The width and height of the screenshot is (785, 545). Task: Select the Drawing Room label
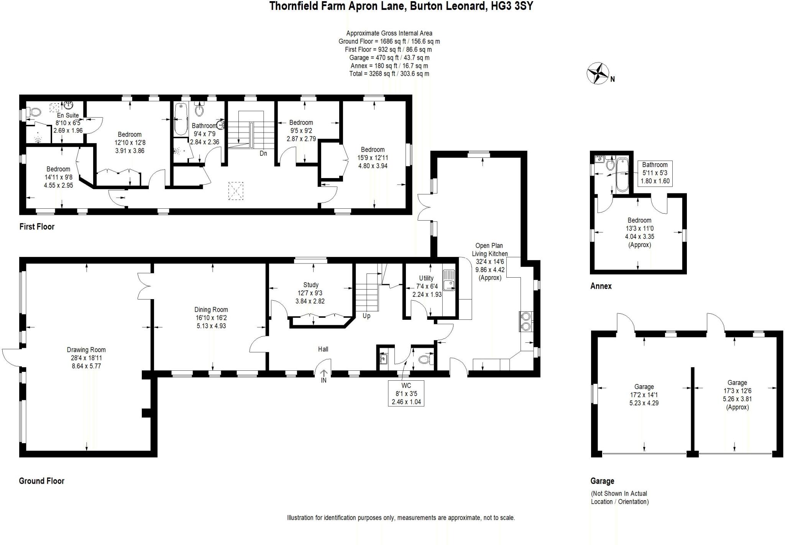click(86, 350)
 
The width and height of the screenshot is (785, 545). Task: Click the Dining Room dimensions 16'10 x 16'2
click(211, 318)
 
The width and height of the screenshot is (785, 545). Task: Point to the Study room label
click(310, 285)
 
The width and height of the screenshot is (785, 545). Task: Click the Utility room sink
click(448, 280)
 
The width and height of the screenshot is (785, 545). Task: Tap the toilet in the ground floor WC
click(425, 359)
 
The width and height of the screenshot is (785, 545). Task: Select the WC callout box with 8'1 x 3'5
click(406, 393)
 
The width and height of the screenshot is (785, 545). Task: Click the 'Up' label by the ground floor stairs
click(366, 316)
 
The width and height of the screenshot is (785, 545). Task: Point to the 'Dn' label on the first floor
click(263, 153)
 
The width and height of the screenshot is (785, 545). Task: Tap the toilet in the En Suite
click(34, 112)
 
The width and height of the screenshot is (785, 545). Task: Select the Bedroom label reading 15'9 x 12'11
click(373, 157)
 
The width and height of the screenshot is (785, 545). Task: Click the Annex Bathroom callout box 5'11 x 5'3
click(655, 173)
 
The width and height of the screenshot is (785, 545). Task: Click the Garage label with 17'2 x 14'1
click(644, 395)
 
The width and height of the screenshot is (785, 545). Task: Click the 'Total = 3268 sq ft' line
click(389, 74)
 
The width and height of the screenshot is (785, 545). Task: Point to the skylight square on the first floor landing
click(236, 191)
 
